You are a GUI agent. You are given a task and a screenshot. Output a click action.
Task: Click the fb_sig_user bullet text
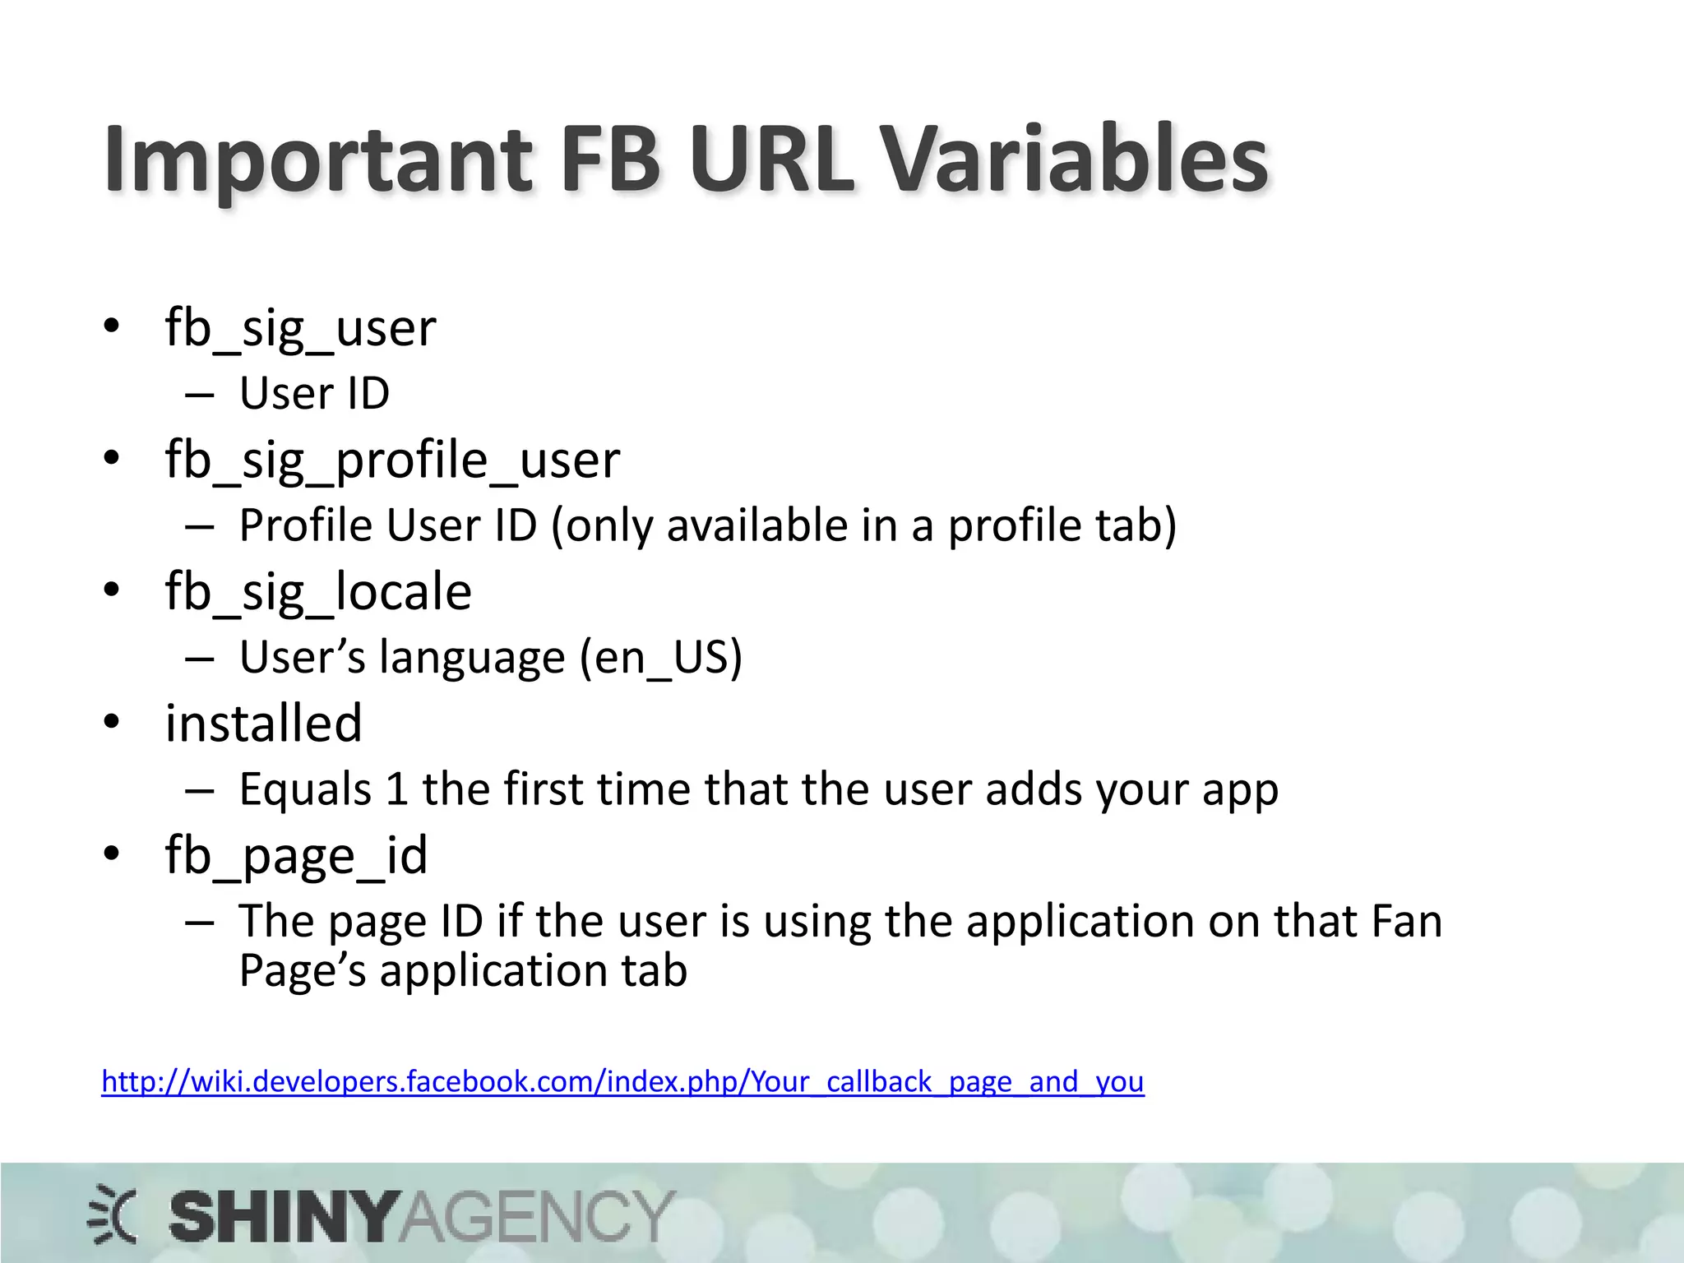click(x=300, y=329)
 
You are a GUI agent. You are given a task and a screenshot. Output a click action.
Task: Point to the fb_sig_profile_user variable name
click(x=392, y=460)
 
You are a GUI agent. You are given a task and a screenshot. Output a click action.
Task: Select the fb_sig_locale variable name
click(x=318, y=592)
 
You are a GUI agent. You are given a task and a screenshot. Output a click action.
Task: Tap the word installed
click(x=263, y=724)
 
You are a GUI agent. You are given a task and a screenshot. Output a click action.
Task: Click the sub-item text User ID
click(x=314, y=393)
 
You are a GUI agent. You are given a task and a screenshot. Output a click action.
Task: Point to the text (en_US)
click(x=660, y=658)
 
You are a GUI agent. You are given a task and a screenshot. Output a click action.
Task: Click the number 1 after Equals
click(x=396, y=789)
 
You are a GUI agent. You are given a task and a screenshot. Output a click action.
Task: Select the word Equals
click(x=305, y=789)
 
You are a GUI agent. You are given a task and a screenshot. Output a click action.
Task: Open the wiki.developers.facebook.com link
click(x=622, y=1081)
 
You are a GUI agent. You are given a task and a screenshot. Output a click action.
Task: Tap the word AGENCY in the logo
click(x=536, y=1217)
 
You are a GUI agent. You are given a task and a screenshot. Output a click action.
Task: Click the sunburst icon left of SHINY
click(x=113, y=1214)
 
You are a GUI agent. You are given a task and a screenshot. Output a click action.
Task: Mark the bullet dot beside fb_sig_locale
click(x=112, y=590)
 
